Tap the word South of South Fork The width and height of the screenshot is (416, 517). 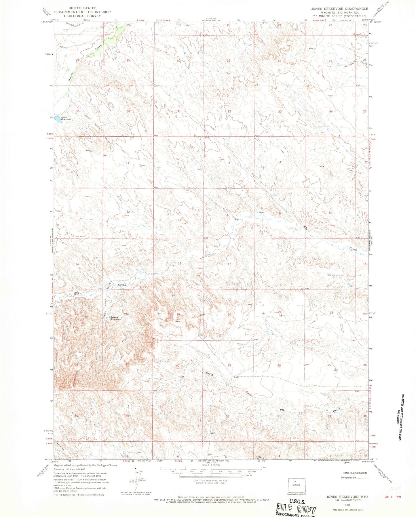click(209, 375)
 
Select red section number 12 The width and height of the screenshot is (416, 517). click(128, 212)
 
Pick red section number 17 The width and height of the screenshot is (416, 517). click(229, 264)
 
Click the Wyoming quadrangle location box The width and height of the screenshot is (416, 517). click(296, 485)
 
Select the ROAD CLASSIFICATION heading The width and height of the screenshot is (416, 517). click(355, 473)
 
